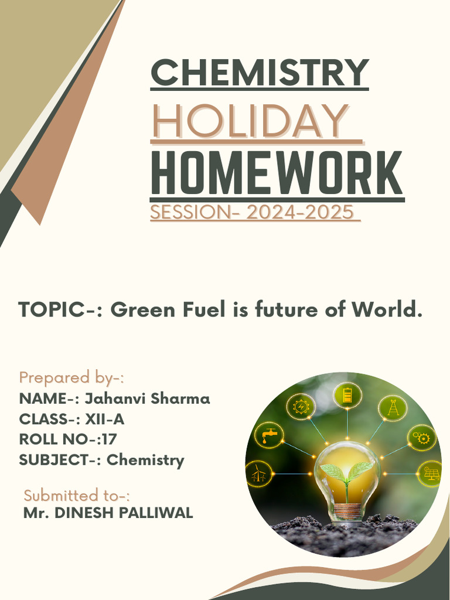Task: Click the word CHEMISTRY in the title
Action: click(260, 72)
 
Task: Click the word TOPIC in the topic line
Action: click(53, 309)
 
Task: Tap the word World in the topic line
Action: click(391, 309)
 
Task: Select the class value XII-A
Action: click(104, 420)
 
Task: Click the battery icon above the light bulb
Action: click(347, 395)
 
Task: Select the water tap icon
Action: click(270, 435)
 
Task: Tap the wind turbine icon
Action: click(258, 473)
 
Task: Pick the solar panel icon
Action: click(431, 473)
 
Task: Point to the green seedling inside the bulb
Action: click(347, 472)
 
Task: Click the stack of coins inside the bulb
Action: click(346, 510)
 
